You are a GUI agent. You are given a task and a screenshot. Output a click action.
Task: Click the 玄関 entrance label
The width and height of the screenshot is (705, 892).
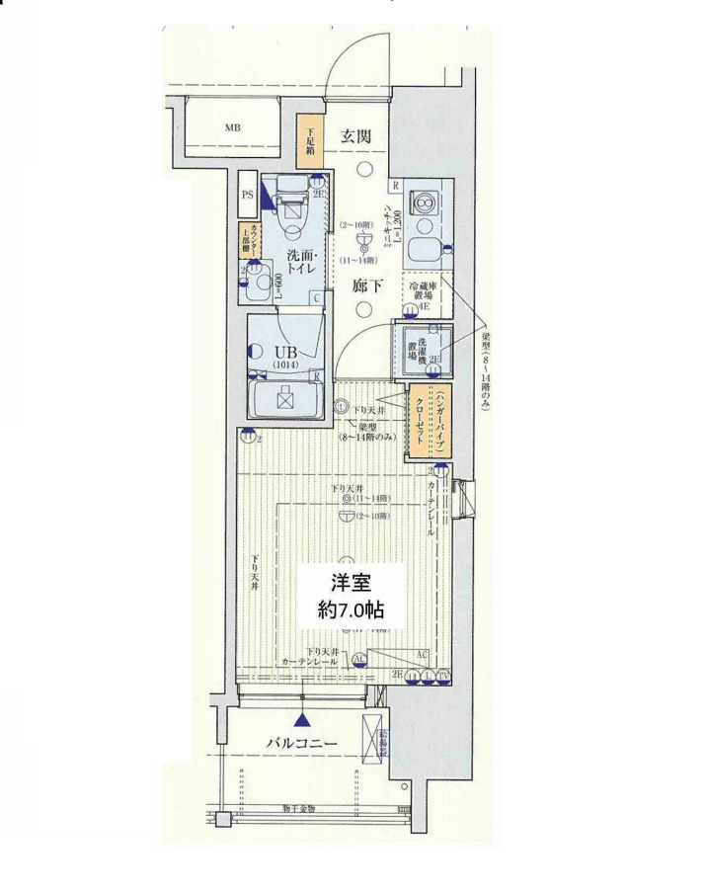pos(357,137)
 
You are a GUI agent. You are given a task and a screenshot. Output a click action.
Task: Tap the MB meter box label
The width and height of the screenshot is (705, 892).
pos(232,128)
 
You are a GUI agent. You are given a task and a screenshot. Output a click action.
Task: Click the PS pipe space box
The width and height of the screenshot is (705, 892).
pos(248,195)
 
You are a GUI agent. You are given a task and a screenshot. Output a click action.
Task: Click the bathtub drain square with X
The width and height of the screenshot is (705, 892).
pos(287,400)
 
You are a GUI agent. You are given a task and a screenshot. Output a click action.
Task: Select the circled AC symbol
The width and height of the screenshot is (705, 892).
pos(359,659)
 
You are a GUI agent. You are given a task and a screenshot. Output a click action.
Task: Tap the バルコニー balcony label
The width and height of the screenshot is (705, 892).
pos(302,743)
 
